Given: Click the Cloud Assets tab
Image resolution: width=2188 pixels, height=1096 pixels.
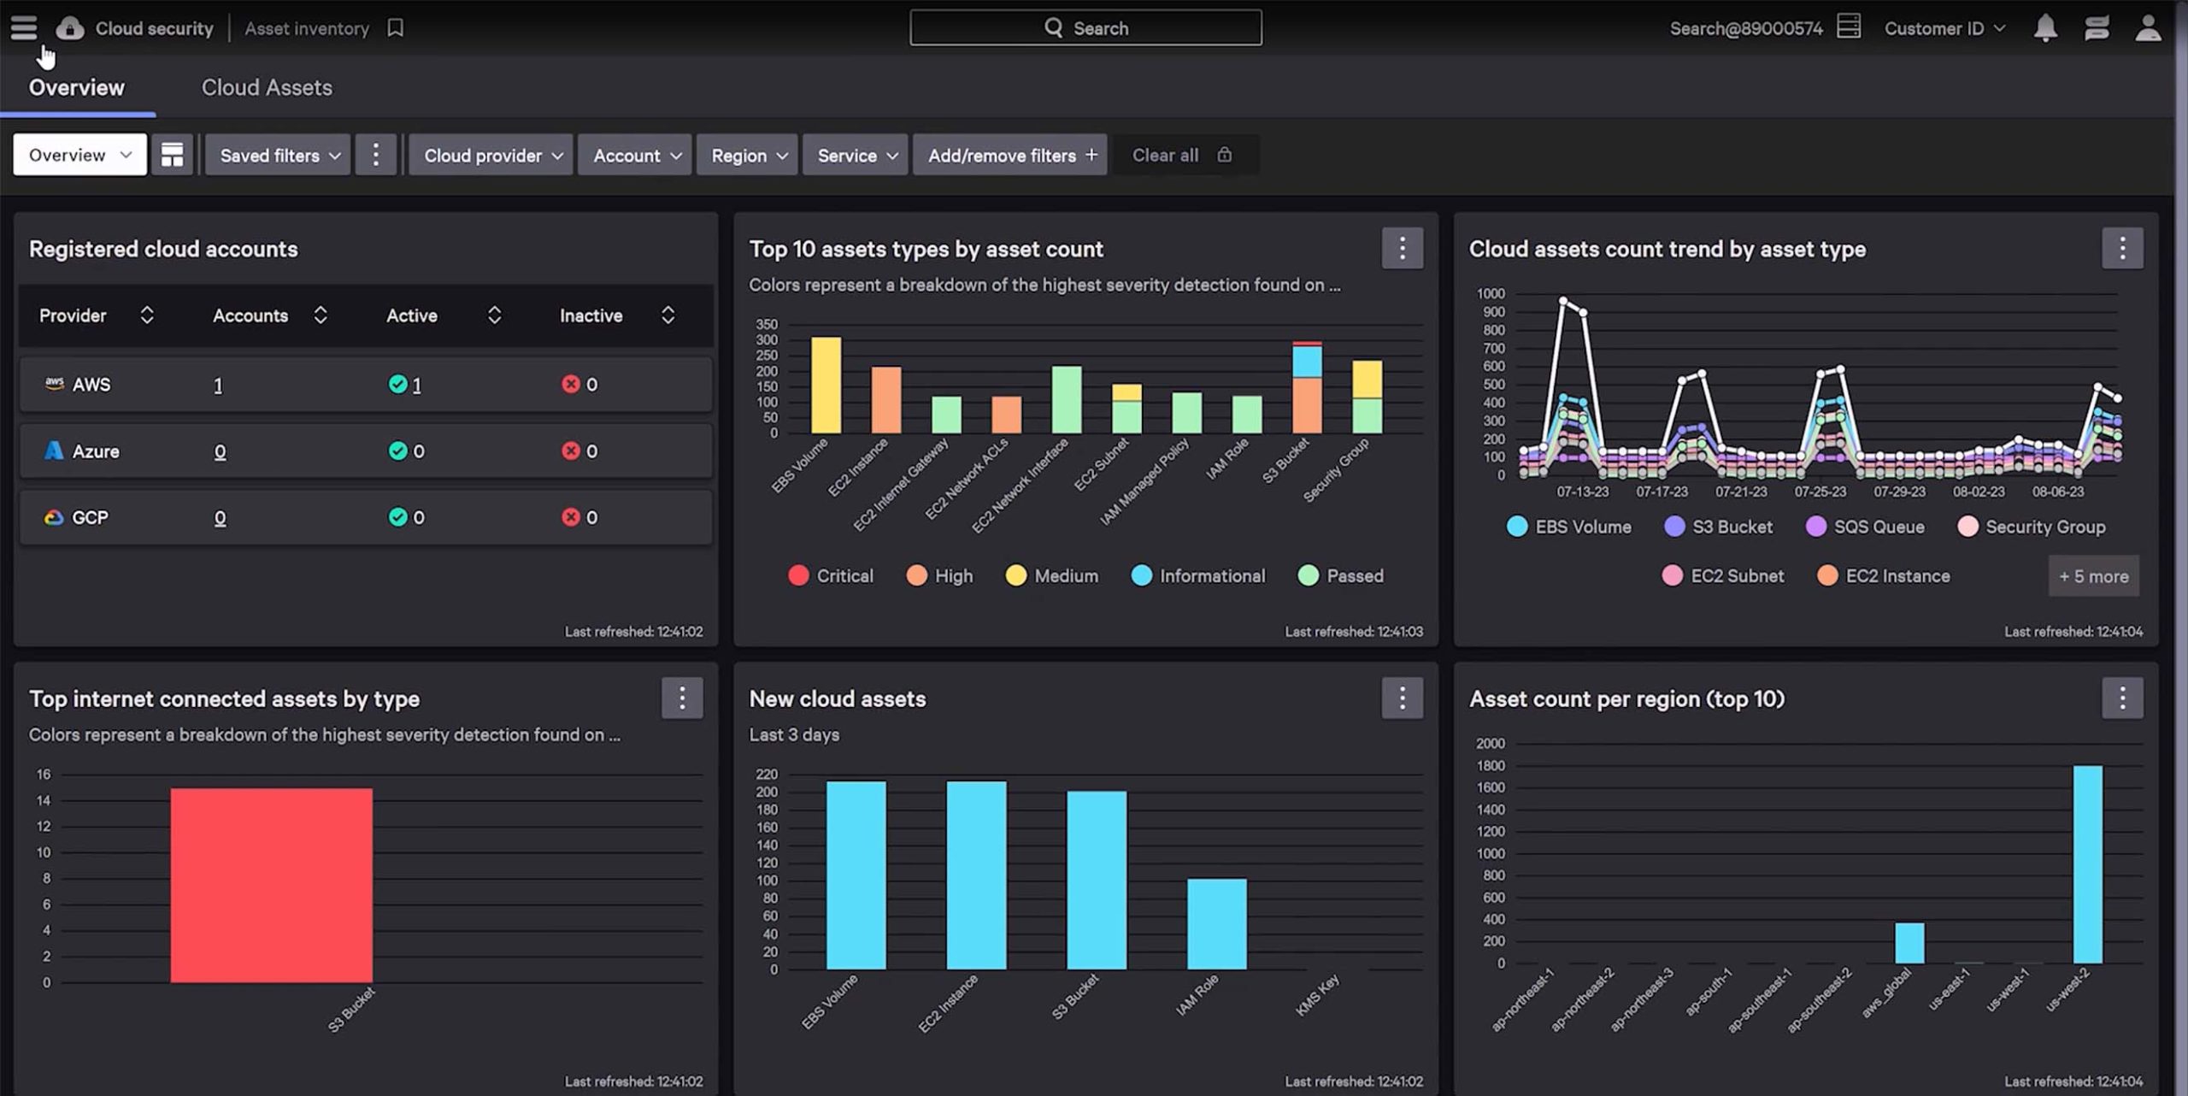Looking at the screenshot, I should tap(267, 87).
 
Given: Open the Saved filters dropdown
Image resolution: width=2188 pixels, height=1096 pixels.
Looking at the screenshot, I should tap(279, 156).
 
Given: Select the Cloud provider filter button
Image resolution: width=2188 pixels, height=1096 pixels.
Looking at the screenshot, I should tap(491, 156).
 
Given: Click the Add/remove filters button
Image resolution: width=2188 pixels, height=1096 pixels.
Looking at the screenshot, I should tap(1010, 156).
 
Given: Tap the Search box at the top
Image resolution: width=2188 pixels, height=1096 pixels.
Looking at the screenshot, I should tap(1085, 28).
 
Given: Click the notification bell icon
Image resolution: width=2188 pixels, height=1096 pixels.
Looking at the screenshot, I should tap(2044, 28).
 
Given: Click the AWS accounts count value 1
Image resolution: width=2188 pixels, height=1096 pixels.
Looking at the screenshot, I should tap(218, 386).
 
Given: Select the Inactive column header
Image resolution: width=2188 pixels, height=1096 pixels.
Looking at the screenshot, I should tap(591, 315).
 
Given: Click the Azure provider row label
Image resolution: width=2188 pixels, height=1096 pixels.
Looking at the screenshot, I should tap(95, 451).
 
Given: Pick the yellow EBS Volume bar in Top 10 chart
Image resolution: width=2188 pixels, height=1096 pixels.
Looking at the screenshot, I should tap(826, 385).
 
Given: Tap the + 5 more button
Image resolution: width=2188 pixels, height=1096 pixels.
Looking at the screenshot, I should tap(2093, 576).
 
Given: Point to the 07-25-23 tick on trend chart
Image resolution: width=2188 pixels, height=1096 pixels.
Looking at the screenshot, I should tap(1820, 492).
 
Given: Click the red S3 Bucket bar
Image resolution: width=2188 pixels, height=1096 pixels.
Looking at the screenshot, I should tap(271, 885).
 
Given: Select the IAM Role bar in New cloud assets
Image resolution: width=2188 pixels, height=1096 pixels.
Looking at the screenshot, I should tap(1216, 923).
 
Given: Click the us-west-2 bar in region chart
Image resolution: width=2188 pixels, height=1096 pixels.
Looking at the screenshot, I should tap(2087, 863).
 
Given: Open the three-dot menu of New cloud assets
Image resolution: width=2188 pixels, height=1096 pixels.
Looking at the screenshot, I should tap(1402, 698).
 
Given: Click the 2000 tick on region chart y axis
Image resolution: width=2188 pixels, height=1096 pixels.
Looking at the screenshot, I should tap(1490, 744).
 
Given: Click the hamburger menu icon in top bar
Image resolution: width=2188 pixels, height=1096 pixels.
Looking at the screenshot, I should tap(24, 28).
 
